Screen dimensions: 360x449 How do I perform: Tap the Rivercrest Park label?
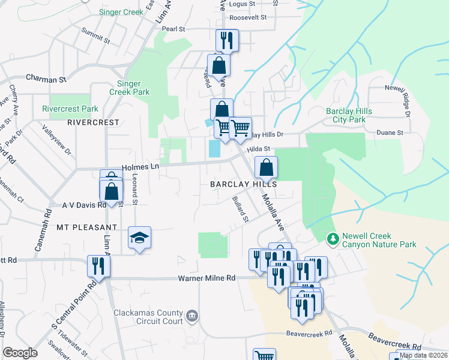pos(70,109)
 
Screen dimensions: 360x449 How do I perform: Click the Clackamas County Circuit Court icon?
pos(191,315)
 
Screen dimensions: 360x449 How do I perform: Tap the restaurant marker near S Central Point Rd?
pos(95,265)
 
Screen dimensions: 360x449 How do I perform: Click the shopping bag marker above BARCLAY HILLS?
pos(266,167)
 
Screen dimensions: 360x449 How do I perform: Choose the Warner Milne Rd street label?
pos(206,278)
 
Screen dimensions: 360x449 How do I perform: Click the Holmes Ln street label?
pos(140,168)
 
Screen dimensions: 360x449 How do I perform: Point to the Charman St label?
pos(46,79)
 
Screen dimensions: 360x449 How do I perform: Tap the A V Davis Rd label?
pos(84,205)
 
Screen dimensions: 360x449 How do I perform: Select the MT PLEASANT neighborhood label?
pos(86,227)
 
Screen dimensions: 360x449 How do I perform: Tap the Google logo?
pos(20,353)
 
